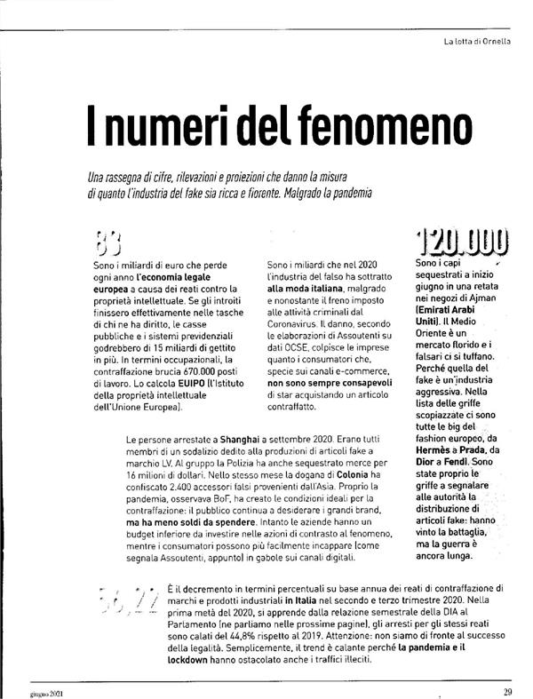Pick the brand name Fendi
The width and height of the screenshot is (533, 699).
click(x=473, y=463)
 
